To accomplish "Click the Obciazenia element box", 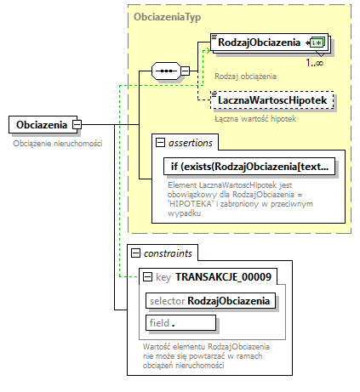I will (x=39, y=126).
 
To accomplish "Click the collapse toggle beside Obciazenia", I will (x=77, y=126).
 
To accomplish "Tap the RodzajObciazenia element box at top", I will (x=259, y=43).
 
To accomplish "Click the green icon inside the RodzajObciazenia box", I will (x=317, y=43).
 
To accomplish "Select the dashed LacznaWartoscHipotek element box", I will (x=271, y=101).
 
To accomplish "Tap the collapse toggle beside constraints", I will (x=134, y=253).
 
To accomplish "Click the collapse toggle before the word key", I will (x=148, y=276).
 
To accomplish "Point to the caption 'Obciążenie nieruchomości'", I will (x=58, y=144).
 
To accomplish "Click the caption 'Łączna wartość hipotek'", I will (x=256, y=119).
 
